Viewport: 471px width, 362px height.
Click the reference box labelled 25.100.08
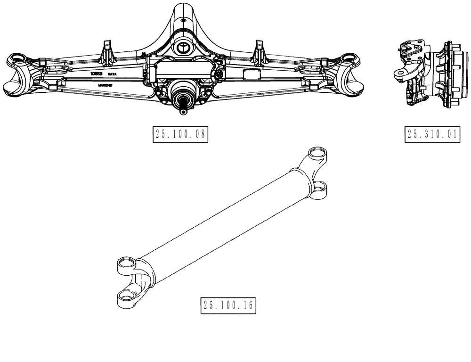(180, 134)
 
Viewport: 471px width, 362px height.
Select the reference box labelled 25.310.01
(432, 134)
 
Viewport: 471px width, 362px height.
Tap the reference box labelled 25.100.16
(228, 305)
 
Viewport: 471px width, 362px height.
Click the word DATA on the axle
(112, 75)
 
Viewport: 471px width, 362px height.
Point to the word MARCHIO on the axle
(105, 85)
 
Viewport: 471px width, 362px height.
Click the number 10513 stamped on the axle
(97, 74)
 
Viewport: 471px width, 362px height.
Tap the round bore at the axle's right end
(349, 58)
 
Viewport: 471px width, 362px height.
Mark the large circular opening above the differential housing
(182, 47)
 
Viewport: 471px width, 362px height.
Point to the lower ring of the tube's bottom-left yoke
(125, 296)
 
